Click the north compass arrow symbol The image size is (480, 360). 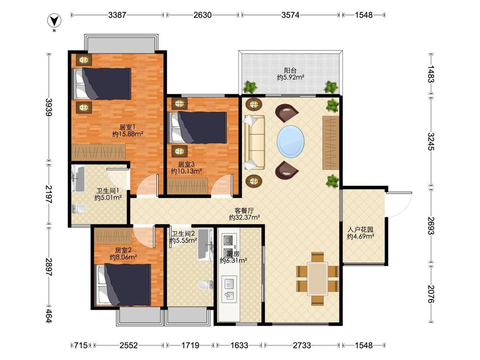(54, 21)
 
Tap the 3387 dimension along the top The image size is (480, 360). (117, 15)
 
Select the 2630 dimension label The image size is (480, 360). (202, 15)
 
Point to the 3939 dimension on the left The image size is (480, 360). (49, 107)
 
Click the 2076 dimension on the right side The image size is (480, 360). (431, 294)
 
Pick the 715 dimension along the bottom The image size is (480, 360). (81, 345)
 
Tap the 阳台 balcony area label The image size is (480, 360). (290, 71)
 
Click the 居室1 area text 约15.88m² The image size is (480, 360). (128, 134)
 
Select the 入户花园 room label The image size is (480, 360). (361, 229)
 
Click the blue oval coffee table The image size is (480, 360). (291, 142)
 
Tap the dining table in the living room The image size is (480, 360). (318, 279)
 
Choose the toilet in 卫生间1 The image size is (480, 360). (79, 209)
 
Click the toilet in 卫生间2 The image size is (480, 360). (206, 285)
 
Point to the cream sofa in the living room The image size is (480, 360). (254, 142)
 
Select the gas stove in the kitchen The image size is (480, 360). (229, 241)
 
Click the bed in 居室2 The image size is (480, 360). (124, 285)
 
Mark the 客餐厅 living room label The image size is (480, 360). (244, 211)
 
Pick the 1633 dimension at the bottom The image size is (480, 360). (239, 345)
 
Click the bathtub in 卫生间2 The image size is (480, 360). (205, 245)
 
